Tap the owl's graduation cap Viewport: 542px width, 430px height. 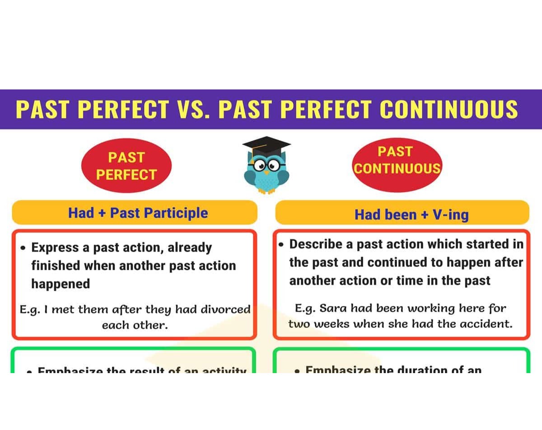point(266,146)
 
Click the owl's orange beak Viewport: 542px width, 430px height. point(266,172)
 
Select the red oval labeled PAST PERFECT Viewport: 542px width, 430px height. point(126,166)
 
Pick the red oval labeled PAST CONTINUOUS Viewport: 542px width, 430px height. point(396,160)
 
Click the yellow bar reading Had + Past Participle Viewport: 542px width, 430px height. point(134,213)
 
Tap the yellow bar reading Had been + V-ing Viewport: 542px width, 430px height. point(402,214)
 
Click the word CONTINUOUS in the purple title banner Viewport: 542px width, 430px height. point(449,110)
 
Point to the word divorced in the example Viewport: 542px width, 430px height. point(225,309)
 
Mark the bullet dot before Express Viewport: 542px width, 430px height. point(23,248)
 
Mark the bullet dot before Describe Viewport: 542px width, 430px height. point(281,244)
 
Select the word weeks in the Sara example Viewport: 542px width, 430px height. point(336,324)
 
